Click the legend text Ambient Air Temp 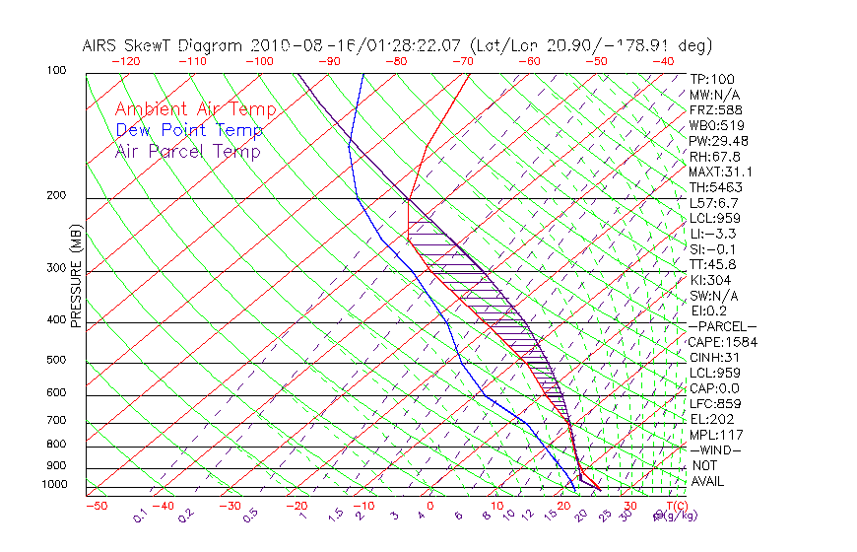(195, 110)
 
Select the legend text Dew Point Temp (189, 131)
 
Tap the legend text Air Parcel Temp (187, 152)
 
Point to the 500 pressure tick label (58, 361)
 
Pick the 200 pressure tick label (58, 196)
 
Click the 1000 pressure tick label (55, 485)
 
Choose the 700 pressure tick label (58, 421)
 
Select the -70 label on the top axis (463, 61)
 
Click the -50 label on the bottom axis (97, 507)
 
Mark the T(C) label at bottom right (674, 507)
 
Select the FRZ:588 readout (713, 109)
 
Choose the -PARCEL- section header (722, 326)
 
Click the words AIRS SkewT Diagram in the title (164, 45)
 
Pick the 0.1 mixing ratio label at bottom (142, 516)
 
